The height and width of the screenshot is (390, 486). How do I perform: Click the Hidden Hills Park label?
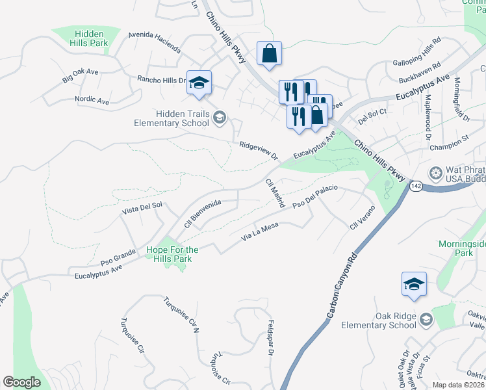pos(91,38)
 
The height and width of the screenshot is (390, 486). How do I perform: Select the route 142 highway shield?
pos(416,187)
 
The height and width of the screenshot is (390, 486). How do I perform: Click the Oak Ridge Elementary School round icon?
pos(426,318)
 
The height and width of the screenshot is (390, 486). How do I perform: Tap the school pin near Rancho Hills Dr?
pos(199,83)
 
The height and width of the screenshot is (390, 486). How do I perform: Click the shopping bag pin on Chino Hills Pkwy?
pos(268,55)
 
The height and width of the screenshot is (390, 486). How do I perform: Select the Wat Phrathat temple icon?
pos(435,174)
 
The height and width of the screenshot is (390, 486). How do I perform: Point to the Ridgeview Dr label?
pos(258,151)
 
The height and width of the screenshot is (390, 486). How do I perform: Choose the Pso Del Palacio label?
pos(315,196)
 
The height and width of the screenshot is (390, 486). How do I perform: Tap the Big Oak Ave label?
pos(79,78)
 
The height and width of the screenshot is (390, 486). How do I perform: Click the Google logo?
pos(21,382)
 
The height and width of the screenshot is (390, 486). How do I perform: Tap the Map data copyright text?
pos(457,385)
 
